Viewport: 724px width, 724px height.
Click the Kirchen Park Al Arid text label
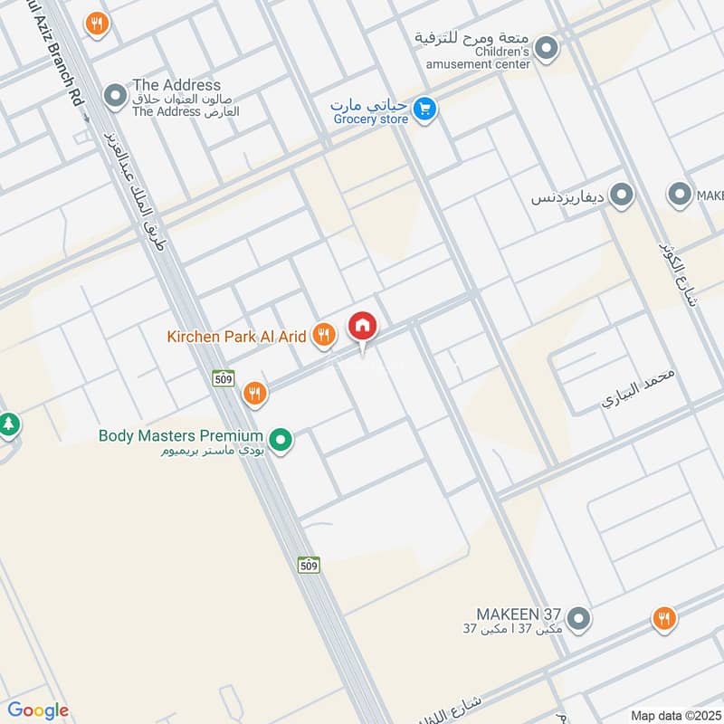tap(236, 337)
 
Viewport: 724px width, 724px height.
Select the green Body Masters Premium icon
tap(282, 441)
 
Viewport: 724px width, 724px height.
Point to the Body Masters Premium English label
tap(181, 435)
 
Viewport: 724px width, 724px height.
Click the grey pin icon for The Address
tap(115, 94)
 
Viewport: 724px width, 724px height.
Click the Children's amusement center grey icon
tap(546, 47)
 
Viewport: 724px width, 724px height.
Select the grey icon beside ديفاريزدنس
tap(621, 194)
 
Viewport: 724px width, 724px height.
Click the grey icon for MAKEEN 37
tap(579, 620)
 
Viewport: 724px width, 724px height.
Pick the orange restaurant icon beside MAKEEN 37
tap(663, 619)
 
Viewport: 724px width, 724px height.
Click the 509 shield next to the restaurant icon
tap(224, 379)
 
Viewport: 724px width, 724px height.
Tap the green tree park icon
tap(9, 424)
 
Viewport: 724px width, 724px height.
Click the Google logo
tap(38, 710)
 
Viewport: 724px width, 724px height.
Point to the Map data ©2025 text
tap(673, 715)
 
